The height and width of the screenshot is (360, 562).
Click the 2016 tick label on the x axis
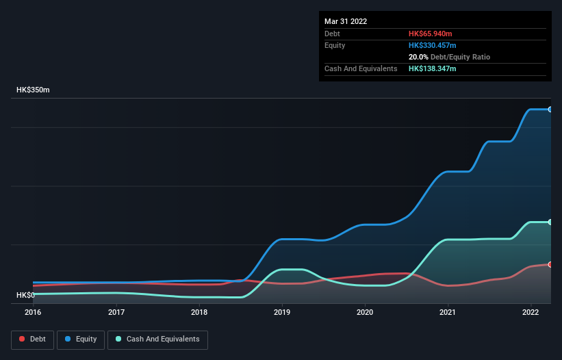33,312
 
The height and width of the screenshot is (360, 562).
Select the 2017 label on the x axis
116,312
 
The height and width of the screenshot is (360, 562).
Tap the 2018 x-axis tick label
199,312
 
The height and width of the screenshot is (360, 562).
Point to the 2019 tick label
282,312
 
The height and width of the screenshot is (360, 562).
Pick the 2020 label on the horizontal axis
365,312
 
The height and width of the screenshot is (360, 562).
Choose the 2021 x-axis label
448,312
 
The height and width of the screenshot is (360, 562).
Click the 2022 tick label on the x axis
531,312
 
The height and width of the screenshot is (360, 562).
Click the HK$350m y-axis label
33,90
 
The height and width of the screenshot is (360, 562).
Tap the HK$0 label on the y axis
25,295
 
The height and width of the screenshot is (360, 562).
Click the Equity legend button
81,339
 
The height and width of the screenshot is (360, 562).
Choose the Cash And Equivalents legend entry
157,339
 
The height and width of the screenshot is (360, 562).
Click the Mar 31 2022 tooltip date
346,21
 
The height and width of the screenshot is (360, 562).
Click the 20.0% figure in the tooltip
418,57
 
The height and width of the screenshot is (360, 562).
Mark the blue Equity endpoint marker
550,110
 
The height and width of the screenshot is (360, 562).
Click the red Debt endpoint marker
550,264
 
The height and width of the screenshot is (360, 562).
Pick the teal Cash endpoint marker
550,222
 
